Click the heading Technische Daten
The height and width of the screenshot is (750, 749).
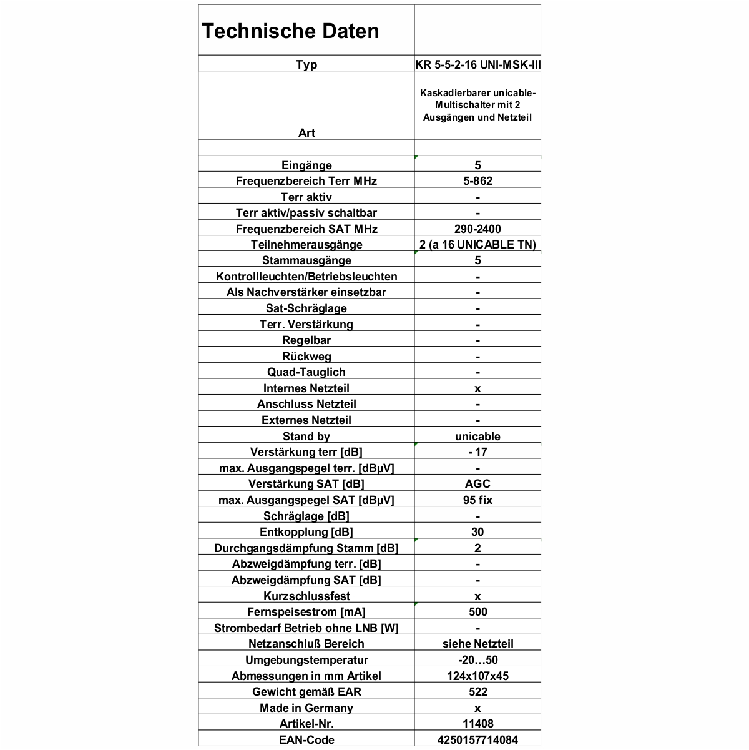(290, 31)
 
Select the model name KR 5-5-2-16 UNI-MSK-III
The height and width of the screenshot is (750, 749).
(477, 64)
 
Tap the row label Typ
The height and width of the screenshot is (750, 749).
(306, 64)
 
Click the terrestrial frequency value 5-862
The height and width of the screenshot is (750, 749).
(477, 181)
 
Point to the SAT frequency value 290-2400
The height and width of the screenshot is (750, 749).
(477, 229)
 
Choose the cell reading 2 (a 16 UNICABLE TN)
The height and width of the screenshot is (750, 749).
(477, 245)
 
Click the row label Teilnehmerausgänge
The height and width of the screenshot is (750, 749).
(306, 245)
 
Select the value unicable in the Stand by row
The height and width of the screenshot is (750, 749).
(477, 437)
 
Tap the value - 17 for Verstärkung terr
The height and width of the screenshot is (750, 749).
(477, 452)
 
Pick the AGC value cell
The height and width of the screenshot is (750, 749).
(477, 484)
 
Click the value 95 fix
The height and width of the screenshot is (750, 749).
(477, 500)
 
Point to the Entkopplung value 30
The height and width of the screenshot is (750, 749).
(477, 532)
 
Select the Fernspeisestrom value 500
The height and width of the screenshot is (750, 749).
(477, 612)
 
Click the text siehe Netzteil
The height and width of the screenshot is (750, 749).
(477, 644)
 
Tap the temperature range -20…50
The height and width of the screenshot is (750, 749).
(477, 660)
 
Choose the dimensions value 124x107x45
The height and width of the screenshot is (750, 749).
(477, 676)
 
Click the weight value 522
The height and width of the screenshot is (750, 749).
(477, 692)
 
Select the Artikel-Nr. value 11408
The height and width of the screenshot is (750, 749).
(477, 724)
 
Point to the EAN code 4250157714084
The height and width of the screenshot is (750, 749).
(477, 740)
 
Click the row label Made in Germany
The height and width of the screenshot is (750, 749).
(306, 708)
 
